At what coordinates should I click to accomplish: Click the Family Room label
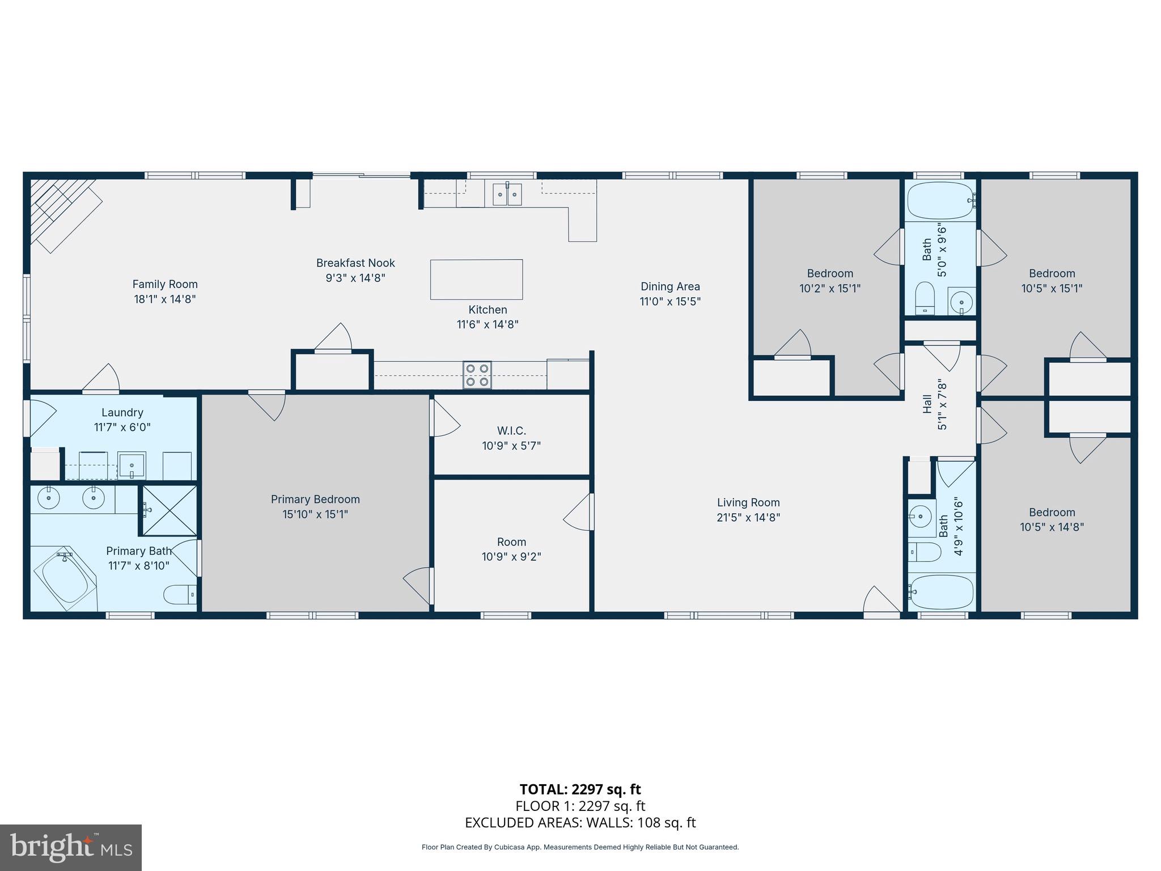(x=165, y=284)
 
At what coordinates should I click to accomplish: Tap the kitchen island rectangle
(x=476, y=280)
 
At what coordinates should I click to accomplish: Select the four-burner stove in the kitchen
(x=477, y=375)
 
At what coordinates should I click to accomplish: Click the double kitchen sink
(x=507, y=194)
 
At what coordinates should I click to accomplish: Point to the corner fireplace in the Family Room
(x=62, y=213)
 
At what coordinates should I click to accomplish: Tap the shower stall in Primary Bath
(x=169, y=510)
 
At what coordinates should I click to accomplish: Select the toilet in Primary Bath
(x=180, y=595)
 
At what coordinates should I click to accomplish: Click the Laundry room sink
(x=132, y=466)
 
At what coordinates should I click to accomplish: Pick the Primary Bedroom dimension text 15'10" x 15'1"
(x=315, y=514)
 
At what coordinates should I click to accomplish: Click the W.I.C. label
(x=511, y=431)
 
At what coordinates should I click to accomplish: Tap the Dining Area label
(x=670, y=286)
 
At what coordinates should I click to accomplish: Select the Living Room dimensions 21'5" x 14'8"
(x=748, y=517)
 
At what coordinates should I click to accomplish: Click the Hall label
(x=927, y=404)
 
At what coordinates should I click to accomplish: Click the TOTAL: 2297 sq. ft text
(x=580, y=789)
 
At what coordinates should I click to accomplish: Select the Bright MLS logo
(x=71, y=847)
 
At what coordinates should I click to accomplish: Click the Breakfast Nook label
(x=355, y=263)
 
